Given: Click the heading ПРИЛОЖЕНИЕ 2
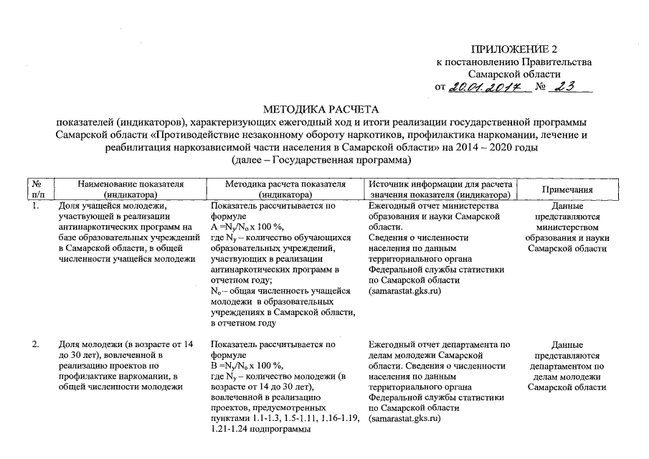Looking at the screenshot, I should [x=513, y=49].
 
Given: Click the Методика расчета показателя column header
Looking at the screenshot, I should [x=285, y=189].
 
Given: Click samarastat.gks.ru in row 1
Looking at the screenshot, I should [x=404, y=292].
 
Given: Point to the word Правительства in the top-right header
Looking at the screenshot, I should [x=556, y=62].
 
